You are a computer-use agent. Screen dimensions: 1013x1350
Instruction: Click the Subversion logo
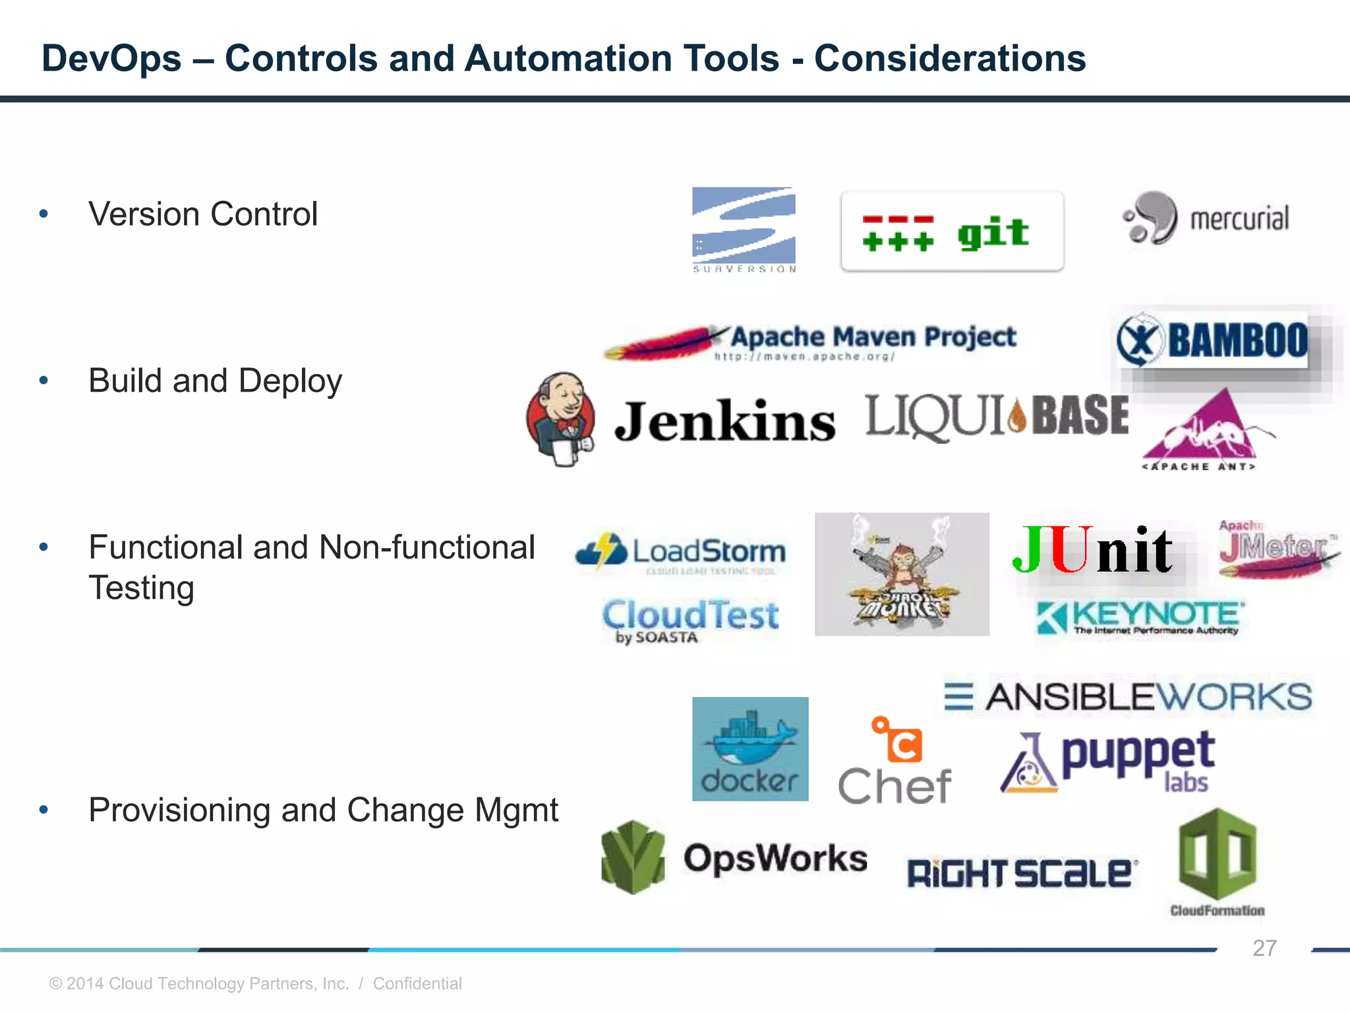pos(744,229)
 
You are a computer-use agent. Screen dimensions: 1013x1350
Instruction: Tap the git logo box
pos(952,231)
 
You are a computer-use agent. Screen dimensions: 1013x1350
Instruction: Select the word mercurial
pos(1239,219)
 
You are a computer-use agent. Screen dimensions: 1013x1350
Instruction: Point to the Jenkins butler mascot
pos(561,419)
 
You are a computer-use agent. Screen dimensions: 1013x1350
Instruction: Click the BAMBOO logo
pos(1213,340)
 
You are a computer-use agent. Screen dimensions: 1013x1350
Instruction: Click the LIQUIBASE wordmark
pos(997,416)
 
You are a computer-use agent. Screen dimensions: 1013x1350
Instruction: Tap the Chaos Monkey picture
pos(902,574)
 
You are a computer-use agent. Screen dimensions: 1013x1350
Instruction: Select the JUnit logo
pos(1092,549)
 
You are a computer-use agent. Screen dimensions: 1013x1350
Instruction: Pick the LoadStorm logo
pos(680,553)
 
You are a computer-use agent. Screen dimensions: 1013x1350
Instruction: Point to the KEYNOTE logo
pos(1139,617)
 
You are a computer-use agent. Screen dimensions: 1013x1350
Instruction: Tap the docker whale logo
pos(750,749)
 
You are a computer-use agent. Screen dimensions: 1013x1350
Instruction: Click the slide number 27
pos(1264,948)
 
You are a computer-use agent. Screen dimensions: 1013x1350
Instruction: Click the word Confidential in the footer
pos(417,983)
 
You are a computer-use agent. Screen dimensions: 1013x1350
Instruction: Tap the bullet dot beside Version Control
pos(44,214)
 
